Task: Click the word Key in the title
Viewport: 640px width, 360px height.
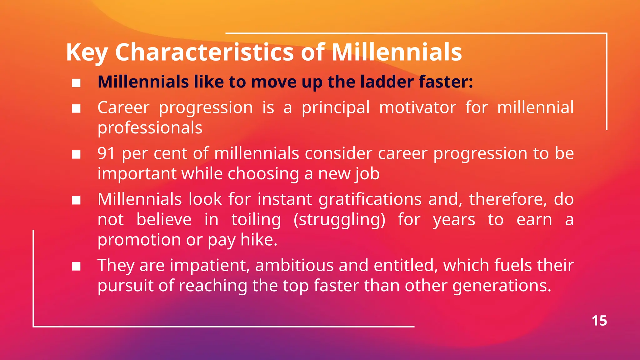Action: pos(87,52)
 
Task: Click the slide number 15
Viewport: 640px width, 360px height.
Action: pos(599,321)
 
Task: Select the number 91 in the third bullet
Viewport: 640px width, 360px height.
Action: pos(107,153)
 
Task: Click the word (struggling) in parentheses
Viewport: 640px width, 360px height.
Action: pos(339,220)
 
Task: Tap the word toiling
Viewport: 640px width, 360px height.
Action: pos(256,220)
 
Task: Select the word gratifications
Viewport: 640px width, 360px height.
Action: pos(370,200)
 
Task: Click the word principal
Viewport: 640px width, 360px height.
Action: pos(335,108)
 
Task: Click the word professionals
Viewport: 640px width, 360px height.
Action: pos(150,128)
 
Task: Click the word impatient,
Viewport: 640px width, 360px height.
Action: pos(210,266)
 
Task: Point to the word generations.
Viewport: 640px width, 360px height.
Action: pos(502,286)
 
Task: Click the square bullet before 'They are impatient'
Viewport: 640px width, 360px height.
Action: pos(76,267)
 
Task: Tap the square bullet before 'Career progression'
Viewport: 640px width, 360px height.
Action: pos(76,109)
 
